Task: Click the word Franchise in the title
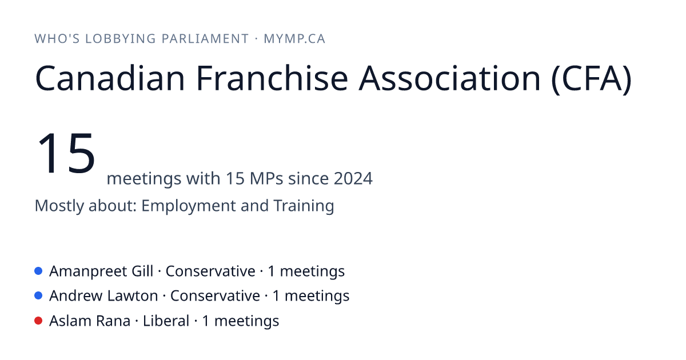click(x=272, y=78)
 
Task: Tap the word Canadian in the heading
click(x=110, y=78)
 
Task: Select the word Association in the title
click(x=449, y=78)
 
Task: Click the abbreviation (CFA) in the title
click(x=591, y=79)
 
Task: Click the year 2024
click(x=353, y=178)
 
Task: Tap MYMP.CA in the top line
click(x=294, y=39)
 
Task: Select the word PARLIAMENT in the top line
click(x=205, y=39)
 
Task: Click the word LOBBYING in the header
click(x=121, y=39)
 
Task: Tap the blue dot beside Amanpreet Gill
click(x=38, y=271)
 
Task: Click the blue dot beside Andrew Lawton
click(x=38, y=296)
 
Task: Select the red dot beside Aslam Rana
click(x=38, y=321)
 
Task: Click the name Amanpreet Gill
click(x=101, y=271)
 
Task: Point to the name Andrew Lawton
click(x=103, y=296)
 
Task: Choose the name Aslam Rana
click(x=90, y=321)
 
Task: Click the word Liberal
click(x=166, y=321)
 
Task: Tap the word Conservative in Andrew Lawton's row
click(x=215, y=296)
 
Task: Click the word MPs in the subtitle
click(x=266, y=178)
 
